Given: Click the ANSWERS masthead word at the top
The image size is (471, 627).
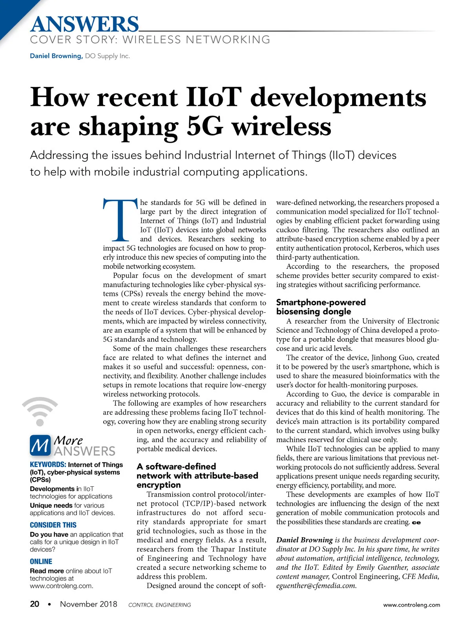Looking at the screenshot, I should (x=84, y=24).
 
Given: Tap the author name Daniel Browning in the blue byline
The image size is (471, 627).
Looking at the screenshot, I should (x=56, y=56).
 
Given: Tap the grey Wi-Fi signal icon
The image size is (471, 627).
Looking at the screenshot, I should (x=40, y=411).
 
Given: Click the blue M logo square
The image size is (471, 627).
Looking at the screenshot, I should (x=40, y=446).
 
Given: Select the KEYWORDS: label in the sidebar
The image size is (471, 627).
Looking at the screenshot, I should (x=48, y=465).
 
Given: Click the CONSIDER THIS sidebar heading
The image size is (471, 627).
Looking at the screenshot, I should (x=53, y=525).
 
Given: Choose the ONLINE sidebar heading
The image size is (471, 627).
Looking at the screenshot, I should (x=41, y=562).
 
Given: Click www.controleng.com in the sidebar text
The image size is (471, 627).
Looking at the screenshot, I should (x=61, y=586).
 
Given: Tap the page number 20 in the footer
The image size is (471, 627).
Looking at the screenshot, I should (x=35, y=604).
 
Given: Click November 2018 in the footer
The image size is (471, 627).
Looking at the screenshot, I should (x=88, y=604).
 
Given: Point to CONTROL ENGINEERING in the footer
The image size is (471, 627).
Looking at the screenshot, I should (x=159, y=605).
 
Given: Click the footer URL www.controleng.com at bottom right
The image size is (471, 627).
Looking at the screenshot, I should (x=411, y=605).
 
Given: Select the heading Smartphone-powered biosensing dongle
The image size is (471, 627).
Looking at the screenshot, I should (x=320, y=307).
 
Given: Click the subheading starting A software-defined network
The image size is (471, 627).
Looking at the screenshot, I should (x=197, y=475).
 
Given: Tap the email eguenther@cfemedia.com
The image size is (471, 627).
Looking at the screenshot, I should (x=316, y=586).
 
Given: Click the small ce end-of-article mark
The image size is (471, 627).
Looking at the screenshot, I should (x=416, y=522).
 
